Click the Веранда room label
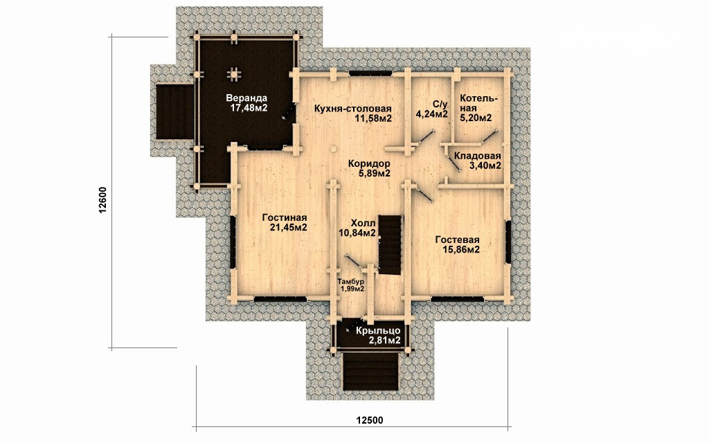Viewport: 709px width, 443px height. tap(246, 98)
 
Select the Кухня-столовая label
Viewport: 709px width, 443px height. tap(352, 109)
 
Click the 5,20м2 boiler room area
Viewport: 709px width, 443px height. tap(476, 118)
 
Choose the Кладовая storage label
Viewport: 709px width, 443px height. tap(478, 156)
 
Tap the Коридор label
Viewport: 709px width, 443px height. tap(369, 163)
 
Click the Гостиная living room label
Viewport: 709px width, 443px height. tap(285, 218)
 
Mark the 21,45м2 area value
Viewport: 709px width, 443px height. tap(289, 228)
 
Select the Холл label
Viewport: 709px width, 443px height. tap(363, 224)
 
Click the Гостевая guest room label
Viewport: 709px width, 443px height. tap(458, 240)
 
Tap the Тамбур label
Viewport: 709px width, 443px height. tap(351, 282)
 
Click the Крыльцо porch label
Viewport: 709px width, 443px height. tap(378, 331)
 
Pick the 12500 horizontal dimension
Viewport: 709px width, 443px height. tap(370, 420)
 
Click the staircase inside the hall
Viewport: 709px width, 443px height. tap(390, 244)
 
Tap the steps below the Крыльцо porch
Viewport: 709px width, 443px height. tap(372, 372)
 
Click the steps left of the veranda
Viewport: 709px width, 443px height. tap(174, 111)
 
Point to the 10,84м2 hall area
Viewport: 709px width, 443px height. tap(357, 233)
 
